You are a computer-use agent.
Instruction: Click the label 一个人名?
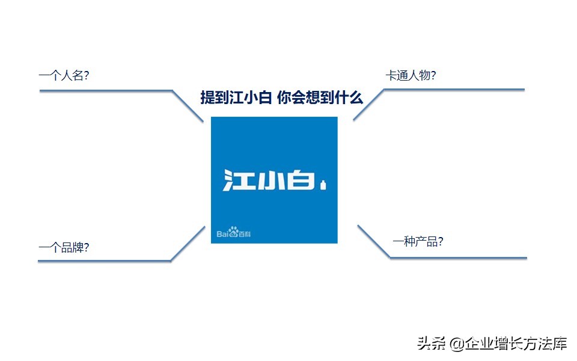[64, 76]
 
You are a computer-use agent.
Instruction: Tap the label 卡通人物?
[411, 76]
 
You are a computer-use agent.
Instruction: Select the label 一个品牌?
[64, 247]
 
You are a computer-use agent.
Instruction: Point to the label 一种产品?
[418, 242]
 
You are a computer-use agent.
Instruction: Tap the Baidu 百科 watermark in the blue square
[234, 232]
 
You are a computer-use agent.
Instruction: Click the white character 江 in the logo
[237, 180]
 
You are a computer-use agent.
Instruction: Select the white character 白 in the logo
[301, 180]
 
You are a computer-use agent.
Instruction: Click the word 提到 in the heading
[215, 97]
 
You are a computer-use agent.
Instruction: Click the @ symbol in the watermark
[456, 344]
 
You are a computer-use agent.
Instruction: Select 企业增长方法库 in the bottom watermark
[516, 344]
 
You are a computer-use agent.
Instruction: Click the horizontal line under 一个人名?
[105, 91]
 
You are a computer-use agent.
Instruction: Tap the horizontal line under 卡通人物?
[454, 90]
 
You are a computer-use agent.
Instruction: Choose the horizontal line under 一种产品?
[458, 258]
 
